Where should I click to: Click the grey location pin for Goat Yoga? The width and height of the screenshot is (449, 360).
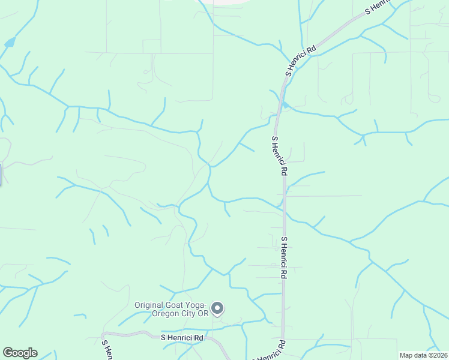pos(218,308)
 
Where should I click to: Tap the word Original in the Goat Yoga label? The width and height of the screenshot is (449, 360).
pos(150,305)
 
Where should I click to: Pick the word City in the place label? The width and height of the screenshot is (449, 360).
pos(188,314)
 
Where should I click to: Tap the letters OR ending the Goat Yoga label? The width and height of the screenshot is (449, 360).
pos(203,314)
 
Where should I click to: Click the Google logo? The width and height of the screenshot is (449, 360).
pos(20,353)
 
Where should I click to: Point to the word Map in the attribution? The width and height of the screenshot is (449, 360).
pos(407,355)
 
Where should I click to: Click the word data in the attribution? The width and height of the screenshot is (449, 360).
pos(420,355)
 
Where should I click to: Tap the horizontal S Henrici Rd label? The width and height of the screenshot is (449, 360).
pos(183,338)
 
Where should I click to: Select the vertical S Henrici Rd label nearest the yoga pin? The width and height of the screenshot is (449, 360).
pos(284,257)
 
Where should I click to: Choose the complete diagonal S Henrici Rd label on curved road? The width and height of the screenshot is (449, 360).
pos(301,62)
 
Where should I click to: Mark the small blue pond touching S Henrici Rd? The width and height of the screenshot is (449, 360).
pos(286,106)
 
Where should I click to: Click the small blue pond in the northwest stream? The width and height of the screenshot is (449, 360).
pos(10,43)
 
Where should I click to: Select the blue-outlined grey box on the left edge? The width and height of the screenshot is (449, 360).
pos(1,175)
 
